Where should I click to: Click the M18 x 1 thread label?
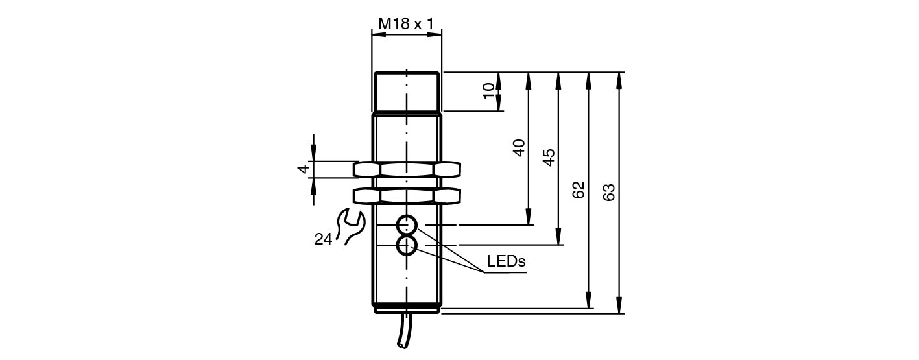pyautogui.click(x=406, y=23)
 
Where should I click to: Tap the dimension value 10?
pyautogui.click(x=488, y=91)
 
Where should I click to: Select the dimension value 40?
pyautogui.click(x=519, y=148)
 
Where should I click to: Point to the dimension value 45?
pyautogui.click(x=549, y=157)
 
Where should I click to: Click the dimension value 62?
pyautogui.click(x=579, y=189)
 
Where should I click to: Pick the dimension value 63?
pyautogui.click(x=609, y=192)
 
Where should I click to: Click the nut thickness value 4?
pyautogui.click(x=303, y=169)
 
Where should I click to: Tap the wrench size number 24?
pyautogui.click(x=323, y=239)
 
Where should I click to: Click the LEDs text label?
pyautogui.click(x=506, y=261)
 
